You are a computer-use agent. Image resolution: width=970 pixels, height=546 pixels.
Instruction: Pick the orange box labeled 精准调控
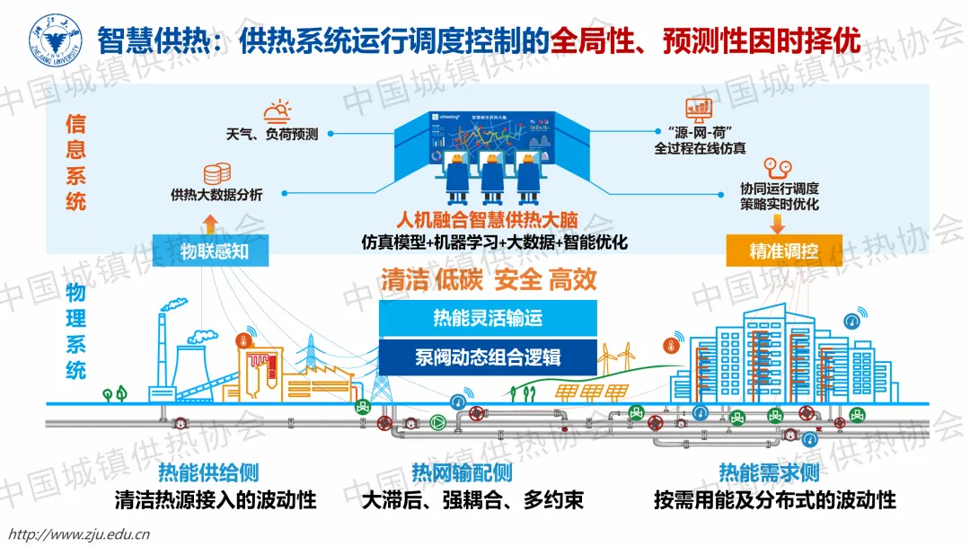point(783,251)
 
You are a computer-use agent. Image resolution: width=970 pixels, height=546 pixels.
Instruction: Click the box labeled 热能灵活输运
point(488,317)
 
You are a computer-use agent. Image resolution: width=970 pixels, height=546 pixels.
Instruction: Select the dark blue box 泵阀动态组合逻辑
point(488,357)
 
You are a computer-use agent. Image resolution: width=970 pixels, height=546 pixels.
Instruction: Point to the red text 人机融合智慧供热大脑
point(488,220)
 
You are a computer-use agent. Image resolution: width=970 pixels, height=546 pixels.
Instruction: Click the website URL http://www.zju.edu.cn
point(77,534)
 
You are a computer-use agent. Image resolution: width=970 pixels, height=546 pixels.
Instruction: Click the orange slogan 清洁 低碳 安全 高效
point(489,279)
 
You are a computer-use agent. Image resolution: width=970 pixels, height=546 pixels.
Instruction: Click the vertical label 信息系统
point(76,162)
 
